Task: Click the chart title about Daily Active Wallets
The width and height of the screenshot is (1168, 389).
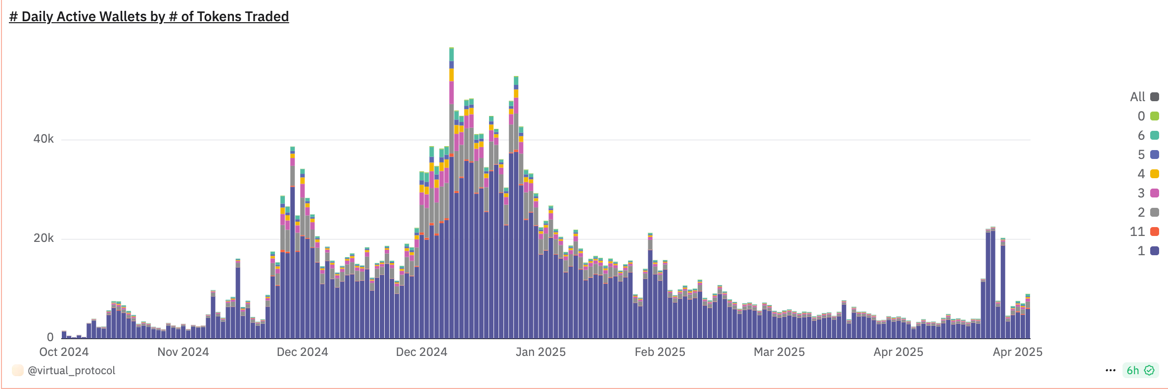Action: pyautogui.click(x=149, y=17)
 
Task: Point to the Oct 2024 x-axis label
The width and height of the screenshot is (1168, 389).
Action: pyautogui.click(x=64, y=352)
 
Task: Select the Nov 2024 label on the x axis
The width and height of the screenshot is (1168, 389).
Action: pyautogui.click(x=183, y=352)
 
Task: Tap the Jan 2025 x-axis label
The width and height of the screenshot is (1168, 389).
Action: pyautogui.click(x=540, y=352)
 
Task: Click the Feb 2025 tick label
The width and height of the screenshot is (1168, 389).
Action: pyautogui.click(x=660, y=352)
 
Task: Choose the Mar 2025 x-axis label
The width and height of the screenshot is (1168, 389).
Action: pyautogui.click(x=779, y=352)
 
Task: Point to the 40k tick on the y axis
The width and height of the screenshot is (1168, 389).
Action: pyautogui.click(x=44, y=139)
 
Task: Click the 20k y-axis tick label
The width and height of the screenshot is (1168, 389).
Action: pyautogui.click(x=44, y=238)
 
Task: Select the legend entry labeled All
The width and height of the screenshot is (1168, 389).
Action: pyautogui.click(x=1144, y=97)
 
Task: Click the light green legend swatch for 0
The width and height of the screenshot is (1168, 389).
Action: pyautogui.click(x=1154, y=116)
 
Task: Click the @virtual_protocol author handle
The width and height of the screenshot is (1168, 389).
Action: pyautogui.click(x=71, y=371)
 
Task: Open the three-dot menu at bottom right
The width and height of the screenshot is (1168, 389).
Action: pyautogui.click(x=1110, y=370)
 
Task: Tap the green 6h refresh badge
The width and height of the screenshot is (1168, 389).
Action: pyautogui.click(x=1140, y=370)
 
